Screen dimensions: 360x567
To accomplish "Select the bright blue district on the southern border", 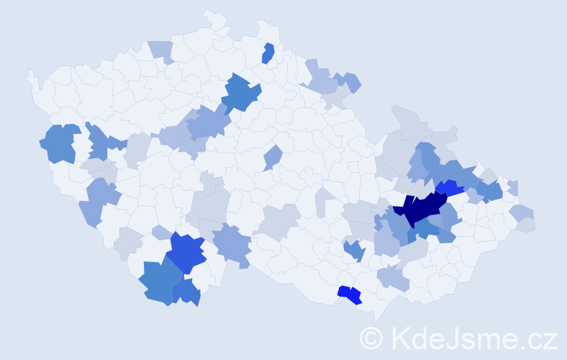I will click(x=349, y=294).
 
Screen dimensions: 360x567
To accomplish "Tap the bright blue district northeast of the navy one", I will click(x=449, y=189).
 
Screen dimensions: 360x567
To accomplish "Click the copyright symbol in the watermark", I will click(x=371, y=337).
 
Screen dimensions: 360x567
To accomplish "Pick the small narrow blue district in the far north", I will click(x=268, y=53).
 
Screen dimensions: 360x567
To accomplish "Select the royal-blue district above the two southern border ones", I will click(x=186, y=253).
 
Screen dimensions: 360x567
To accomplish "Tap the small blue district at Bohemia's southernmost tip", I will click(x=186, y=292).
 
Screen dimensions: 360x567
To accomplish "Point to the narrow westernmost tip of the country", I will click(x=30, y=75).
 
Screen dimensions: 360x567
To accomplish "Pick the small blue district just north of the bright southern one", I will click(x=354, y=250).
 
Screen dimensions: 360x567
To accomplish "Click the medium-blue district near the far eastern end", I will click(x=491, y=191).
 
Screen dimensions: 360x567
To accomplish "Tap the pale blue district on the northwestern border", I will click(x=161, y=50).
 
